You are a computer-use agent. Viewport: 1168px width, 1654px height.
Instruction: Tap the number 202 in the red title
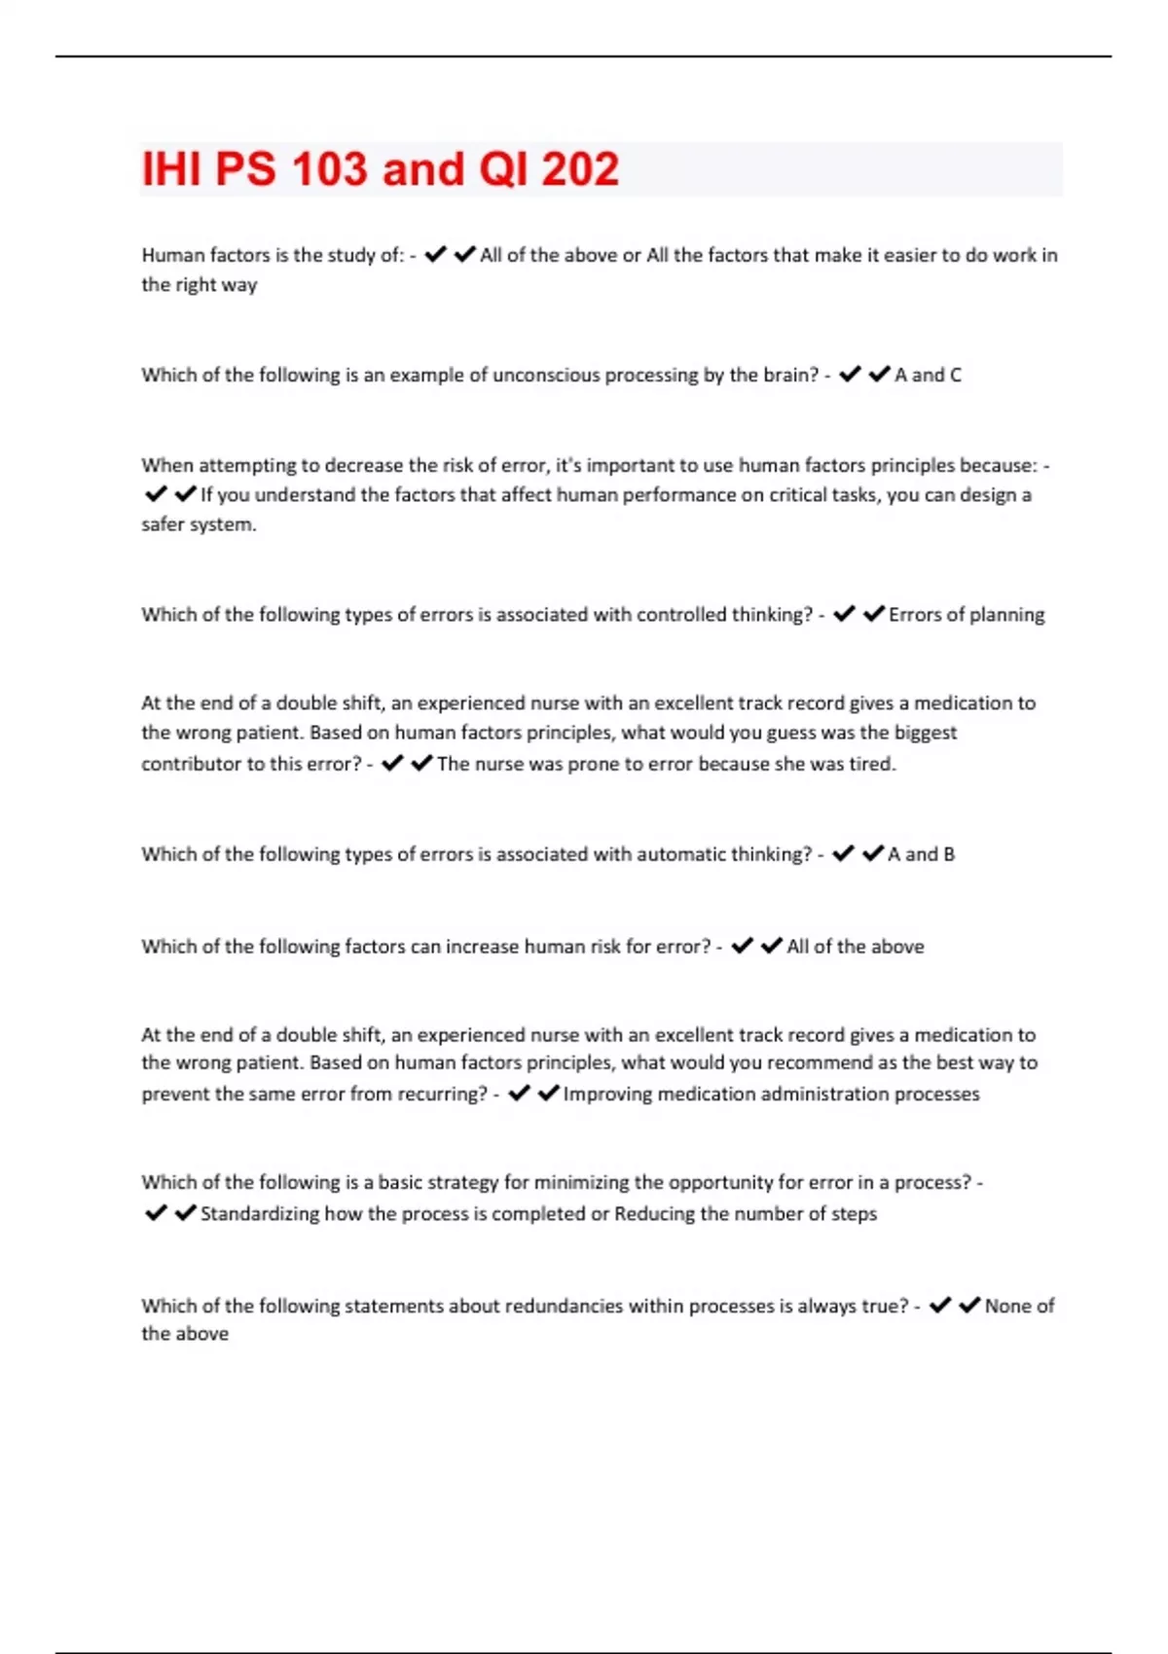(x=580, y=169)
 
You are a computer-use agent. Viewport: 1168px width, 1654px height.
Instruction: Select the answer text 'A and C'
(x=928, y=375)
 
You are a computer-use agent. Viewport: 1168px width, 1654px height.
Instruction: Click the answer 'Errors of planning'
(x=967, y=615)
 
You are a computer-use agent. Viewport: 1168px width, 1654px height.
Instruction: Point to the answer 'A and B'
(x=921, y=854)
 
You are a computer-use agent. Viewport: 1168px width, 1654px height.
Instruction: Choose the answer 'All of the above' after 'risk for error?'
(x=856, y=947)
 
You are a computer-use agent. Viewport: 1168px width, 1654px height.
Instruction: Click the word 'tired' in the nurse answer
(x=871, y=764)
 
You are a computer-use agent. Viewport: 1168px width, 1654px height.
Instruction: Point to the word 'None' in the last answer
(x=1005, y=1306)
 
